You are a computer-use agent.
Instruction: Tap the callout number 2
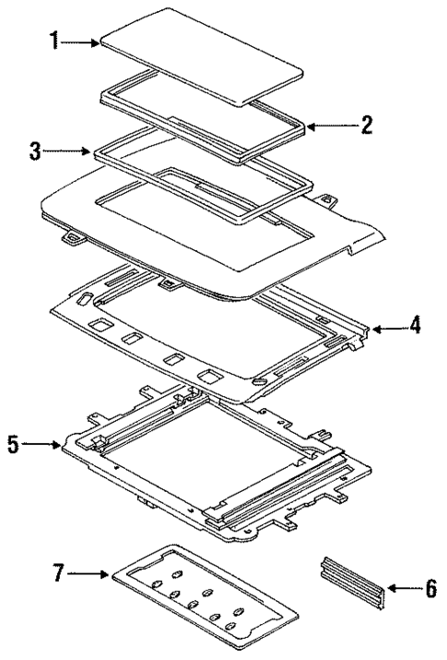(366, 125)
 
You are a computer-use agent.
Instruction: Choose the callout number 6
(430, 588)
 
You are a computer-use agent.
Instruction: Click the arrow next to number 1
(81, 42)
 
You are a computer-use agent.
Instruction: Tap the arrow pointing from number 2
(329, 125)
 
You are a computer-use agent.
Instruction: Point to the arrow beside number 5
(41, 446)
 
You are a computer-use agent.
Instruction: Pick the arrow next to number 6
(402, 588)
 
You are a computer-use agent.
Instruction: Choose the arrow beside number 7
(90, 575)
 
